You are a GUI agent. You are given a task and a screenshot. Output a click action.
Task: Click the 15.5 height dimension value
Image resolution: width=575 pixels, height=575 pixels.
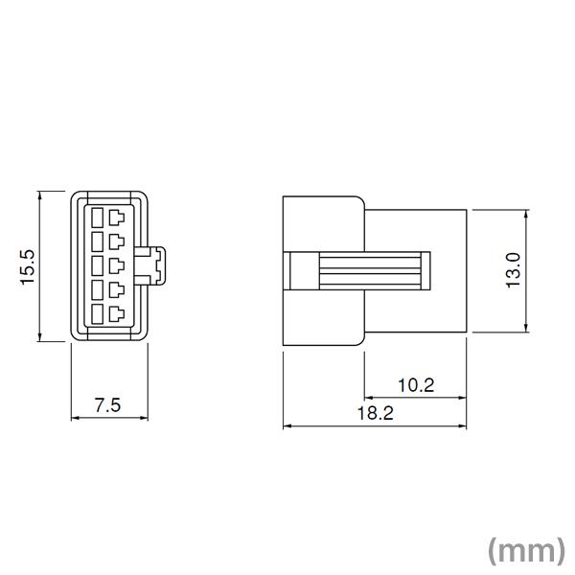(x=27, y=266)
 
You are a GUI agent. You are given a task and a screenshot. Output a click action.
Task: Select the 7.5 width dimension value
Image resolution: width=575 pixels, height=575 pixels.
(x=107, y=404)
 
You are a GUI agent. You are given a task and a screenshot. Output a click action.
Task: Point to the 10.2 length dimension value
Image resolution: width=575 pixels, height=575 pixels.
(x=415, y=385)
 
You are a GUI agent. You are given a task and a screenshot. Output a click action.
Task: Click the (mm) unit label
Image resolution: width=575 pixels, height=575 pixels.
(x=525, y=550)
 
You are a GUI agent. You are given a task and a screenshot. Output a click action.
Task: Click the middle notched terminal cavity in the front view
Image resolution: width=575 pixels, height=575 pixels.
(x=117, y=264)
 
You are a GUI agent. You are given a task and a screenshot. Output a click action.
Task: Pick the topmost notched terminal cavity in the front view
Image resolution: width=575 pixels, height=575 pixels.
(x=117, y=217)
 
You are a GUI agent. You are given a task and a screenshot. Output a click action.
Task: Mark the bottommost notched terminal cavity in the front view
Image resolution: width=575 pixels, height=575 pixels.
(x=117, y=314)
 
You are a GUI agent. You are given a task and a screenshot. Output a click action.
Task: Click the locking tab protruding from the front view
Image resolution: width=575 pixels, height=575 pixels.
(x=155, y=265)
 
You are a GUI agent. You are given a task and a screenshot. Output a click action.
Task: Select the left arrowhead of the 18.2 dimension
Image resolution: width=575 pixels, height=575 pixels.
(x=287, y=426)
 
